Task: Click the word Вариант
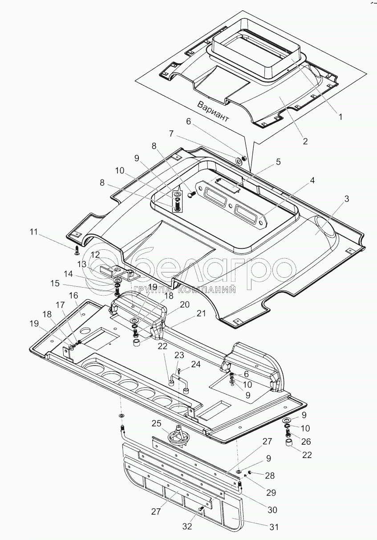click(213, 112)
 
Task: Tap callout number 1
click(341, 117)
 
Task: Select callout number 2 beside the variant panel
click(305, 141)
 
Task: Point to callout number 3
click(347, 199)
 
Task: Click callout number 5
click(279, 162)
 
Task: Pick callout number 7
click(171, 134)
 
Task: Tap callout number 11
click(34, 232)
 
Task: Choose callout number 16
click(74, 295)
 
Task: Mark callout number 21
click(201, 313)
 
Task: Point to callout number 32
click(187, 526)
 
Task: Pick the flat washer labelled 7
click(239, 161)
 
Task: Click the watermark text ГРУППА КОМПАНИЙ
click(184, 289)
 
